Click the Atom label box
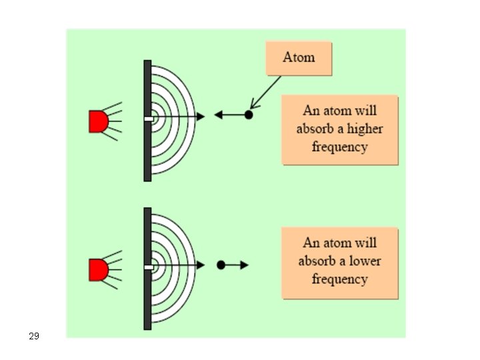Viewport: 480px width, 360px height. coord(298,57)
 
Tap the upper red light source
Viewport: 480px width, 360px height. coord(98,121)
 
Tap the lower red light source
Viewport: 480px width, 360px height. coord(98,269)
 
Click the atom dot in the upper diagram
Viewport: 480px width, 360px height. coord(249,115)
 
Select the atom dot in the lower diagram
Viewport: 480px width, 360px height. coord(221,265)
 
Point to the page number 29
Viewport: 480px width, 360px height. coord(34,337)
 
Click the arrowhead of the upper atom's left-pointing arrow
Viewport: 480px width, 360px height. coord(218,115)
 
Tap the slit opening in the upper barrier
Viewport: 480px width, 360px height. coord(147,119)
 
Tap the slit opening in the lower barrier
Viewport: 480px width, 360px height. coord(147,267)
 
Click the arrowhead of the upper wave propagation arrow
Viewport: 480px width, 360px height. coord(201,117)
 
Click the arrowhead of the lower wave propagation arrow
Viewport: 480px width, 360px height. coord(201,265)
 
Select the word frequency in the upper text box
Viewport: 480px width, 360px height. coord(339,147)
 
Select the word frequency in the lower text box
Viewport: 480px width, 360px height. coord(339,279)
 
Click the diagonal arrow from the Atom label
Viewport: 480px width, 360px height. coord(265,91)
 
